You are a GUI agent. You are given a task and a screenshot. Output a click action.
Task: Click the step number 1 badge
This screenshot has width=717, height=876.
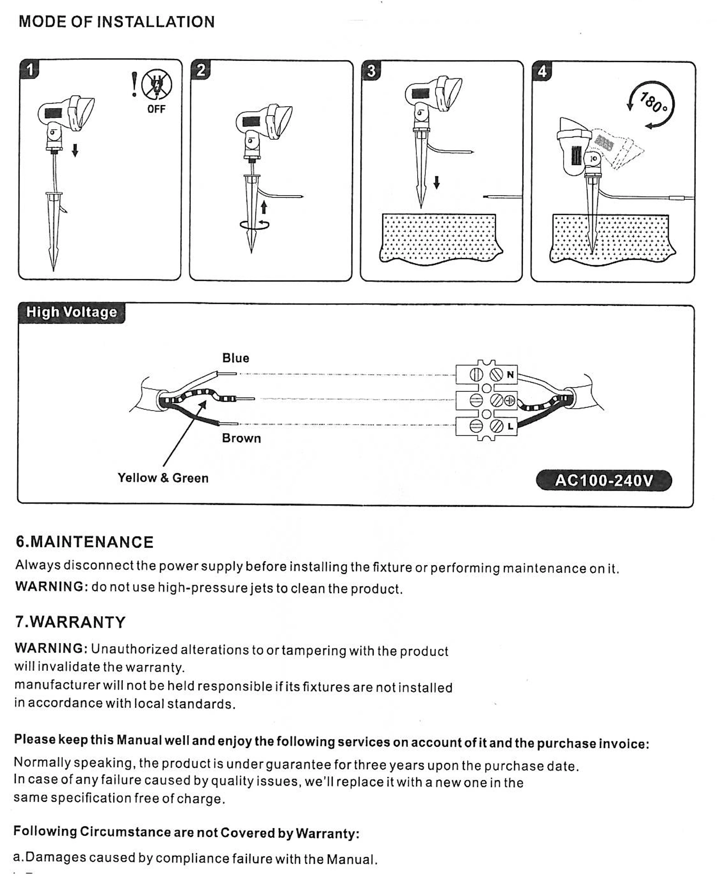pos(29,69)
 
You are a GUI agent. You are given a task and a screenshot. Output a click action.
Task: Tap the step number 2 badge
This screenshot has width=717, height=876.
pos(200,70)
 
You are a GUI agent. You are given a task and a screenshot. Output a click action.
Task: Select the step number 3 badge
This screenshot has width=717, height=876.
pos(371,71)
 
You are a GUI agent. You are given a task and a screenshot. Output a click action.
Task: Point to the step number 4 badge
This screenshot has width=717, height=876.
pos(542,71)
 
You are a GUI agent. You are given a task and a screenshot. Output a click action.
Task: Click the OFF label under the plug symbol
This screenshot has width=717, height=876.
pos(156,109)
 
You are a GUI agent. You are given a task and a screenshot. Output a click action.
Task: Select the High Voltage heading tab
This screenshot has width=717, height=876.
pos(72,312)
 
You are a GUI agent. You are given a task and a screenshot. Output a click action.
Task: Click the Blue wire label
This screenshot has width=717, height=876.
pos(236,358)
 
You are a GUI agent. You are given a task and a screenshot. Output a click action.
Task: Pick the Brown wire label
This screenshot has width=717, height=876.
pos(242,438)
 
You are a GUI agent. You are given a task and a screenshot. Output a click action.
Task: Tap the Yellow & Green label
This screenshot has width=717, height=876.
pos(163,478)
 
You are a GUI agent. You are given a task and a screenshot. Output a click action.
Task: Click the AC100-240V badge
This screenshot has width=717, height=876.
pos(604,481)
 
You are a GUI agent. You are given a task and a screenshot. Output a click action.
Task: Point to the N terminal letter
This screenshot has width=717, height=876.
pos(510,375)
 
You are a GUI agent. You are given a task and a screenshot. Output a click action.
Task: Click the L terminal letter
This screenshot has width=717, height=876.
pos(510,426)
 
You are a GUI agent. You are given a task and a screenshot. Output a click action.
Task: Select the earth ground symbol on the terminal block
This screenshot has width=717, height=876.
pos(510,401)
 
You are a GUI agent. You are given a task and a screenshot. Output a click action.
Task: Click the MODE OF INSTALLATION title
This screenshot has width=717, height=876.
pos(117,22)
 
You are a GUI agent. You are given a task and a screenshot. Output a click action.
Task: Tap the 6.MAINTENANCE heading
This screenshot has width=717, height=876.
pos(85,542)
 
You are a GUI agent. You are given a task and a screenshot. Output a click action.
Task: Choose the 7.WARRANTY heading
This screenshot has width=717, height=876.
pos(71,622)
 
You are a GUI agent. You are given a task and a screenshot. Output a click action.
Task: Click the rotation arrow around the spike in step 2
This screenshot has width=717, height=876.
pos(254,224)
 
